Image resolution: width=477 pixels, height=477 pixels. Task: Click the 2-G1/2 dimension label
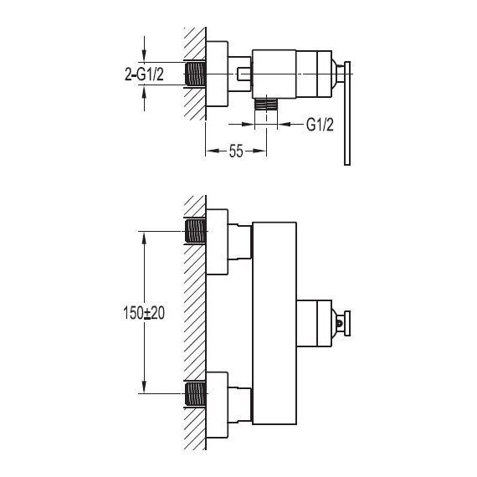click(x=144, y=74)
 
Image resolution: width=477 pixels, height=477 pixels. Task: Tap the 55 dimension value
click(x=236, y=151)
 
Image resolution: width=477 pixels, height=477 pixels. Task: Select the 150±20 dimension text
click(x=144, y=312)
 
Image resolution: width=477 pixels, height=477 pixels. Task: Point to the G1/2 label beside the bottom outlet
click(x=320, y=125)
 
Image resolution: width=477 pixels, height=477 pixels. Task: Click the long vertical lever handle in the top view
click(x=347, y=114)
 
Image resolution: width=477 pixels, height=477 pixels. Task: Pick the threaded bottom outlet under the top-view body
click(x=266, y=104)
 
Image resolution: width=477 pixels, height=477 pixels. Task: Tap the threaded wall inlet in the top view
click(x=195, y=74)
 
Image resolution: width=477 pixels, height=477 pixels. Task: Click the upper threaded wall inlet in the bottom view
click(x=195, y=231)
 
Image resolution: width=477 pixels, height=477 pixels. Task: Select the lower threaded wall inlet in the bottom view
click(x=195, y=393)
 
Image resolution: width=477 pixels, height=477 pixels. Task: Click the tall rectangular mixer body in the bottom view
click(x=274, y=323)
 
